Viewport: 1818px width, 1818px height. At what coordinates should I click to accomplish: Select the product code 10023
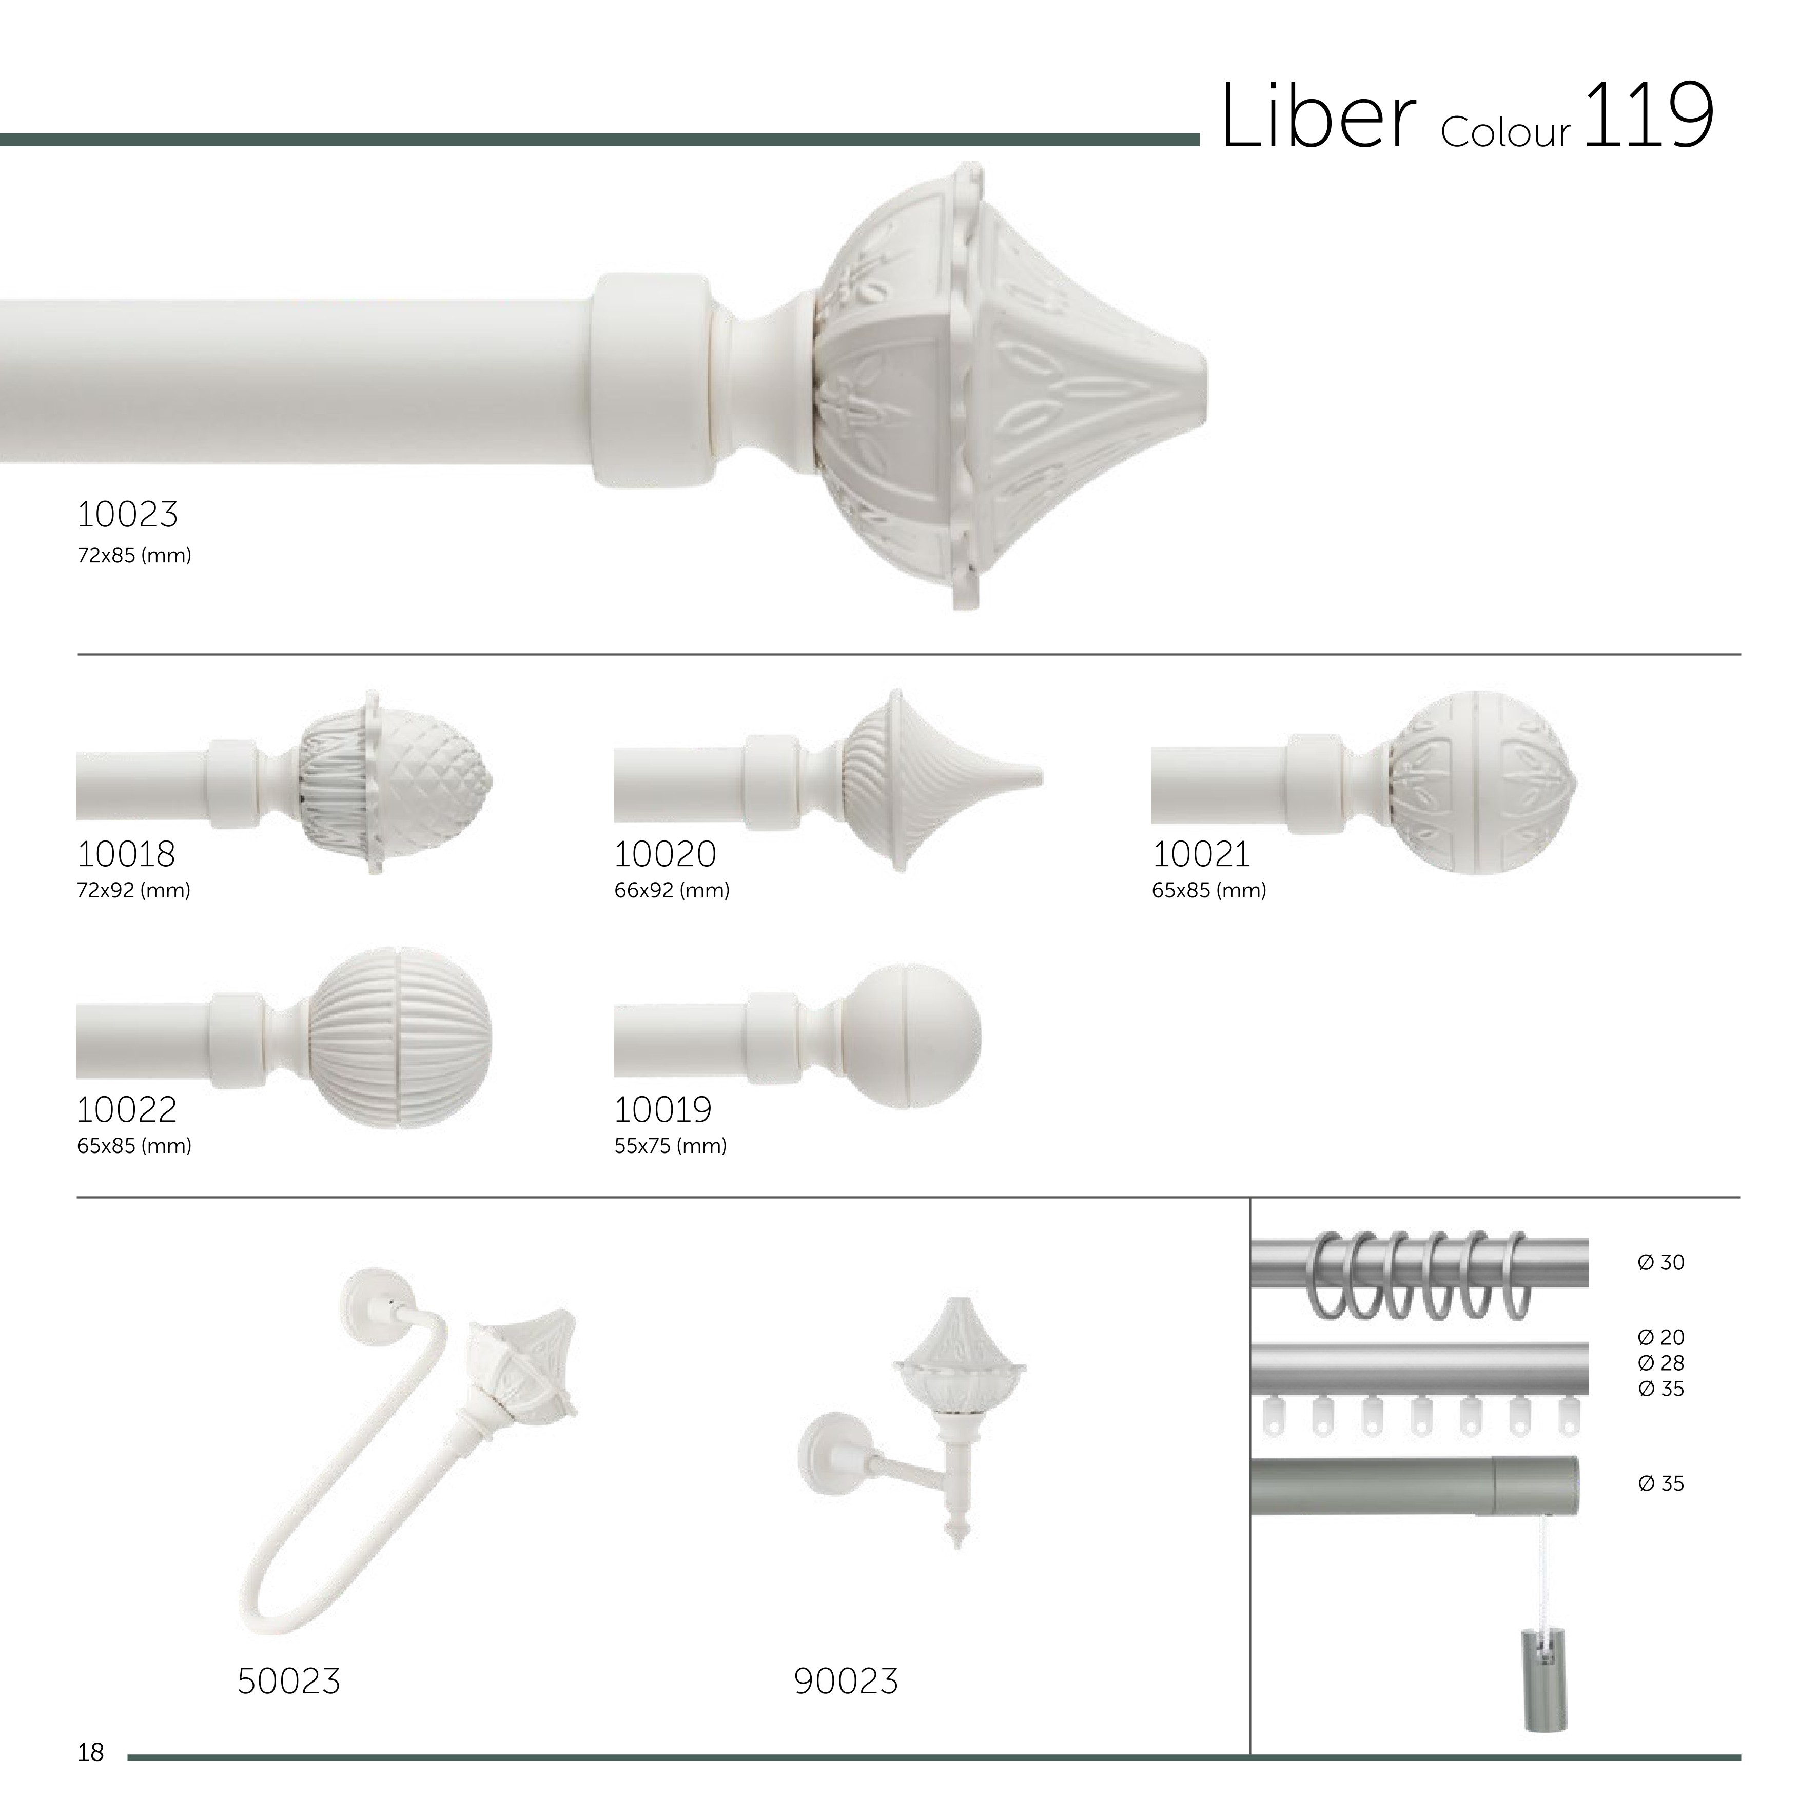pyautogui.click(x=127, y=515)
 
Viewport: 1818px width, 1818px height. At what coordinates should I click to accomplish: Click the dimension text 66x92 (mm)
pyautogui.click(x=672, y=890)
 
